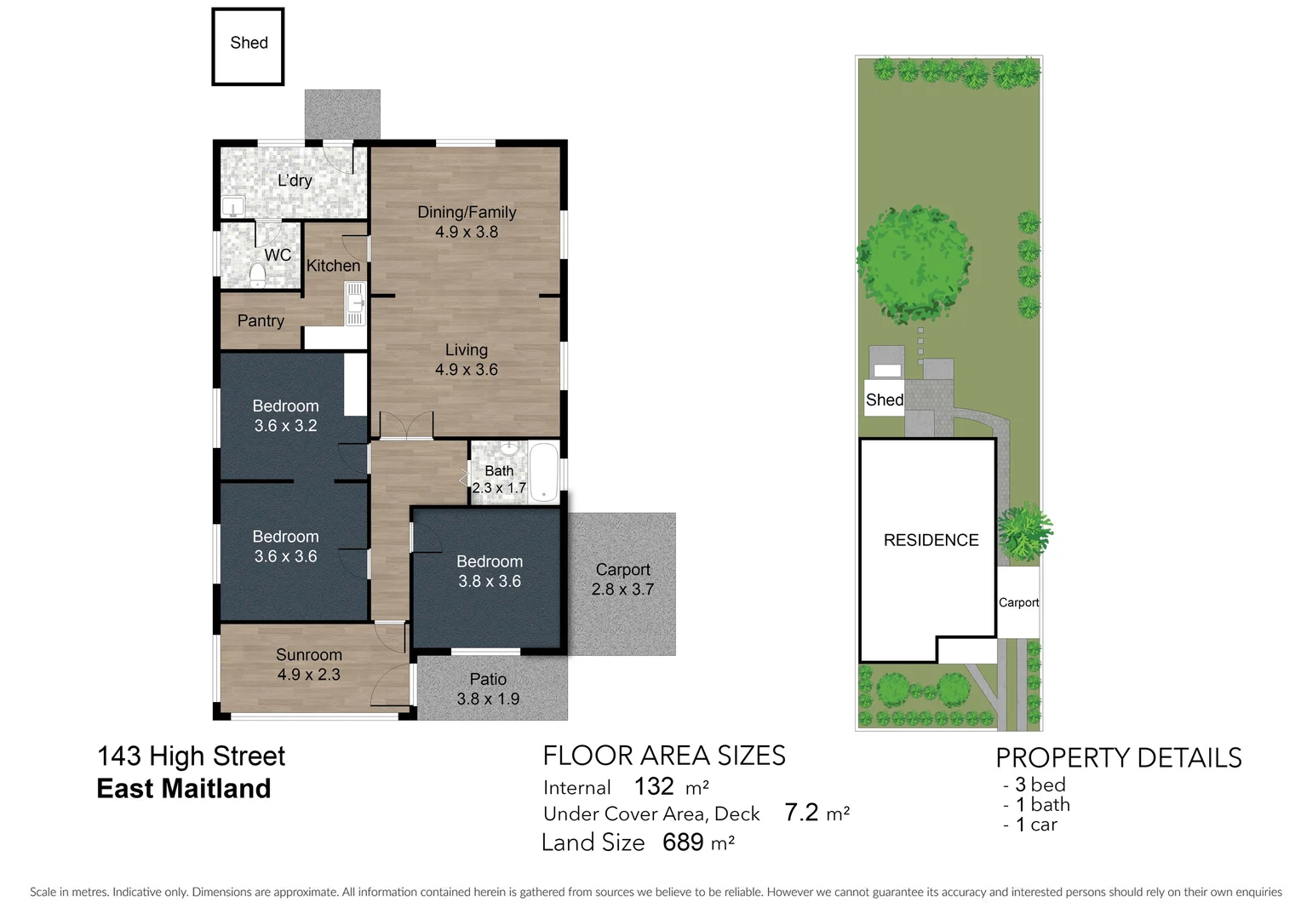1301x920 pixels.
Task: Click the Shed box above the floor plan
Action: pos(248,46)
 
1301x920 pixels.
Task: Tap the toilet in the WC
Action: pos(257,273)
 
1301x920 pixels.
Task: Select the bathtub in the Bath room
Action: pos(543,471)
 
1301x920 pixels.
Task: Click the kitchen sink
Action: pos(354,303)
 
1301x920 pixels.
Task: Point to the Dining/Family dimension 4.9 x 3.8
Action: pos(466,232)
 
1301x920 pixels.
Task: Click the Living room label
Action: pos(466,350)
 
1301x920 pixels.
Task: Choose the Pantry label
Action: pos(261,321)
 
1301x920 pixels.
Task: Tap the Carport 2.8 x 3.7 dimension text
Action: pos(622,589)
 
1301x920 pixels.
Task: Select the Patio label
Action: pos(488,679)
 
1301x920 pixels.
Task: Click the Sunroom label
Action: pos(308,655)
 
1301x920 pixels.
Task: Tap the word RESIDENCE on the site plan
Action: pos(931,540)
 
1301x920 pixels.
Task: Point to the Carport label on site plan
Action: pos(1018,602)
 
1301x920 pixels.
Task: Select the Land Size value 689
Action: pos(683,842)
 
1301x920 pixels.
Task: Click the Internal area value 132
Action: pos(654,786)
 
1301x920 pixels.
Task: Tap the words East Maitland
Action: pos(184,789)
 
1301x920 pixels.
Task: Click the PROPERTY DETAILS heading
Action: pos(1118,757)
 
